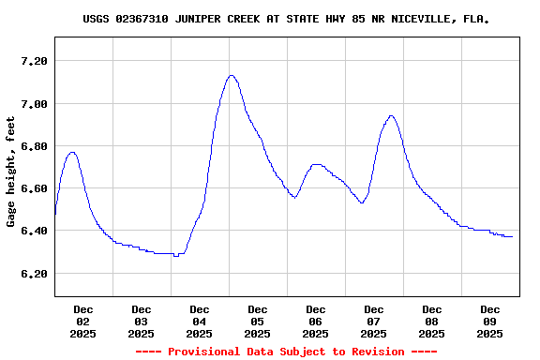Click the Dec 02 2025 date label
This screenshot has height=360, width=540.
click(83, 321)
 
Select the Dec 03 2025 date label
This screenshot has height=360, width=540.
click(142, 321)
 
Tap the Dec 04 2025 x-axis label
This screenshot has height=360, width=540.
click(200, 321)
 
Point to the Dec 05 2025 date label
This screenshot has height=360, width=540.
click(258, 321)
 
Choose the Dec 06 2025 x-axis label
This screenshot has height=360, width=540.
click(316, 321)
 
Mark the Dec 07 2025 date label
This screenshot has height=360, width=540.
click(374, 321)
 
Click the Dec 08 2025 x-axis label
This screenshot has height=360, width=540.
click(432, 321)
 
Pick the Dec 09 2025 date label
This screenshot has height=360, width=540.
click(490, 321)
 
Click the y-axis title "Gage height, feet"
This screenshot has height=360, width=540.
click(11, 172)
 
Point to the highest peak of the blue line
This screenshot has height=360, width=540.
click(232, 75)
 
